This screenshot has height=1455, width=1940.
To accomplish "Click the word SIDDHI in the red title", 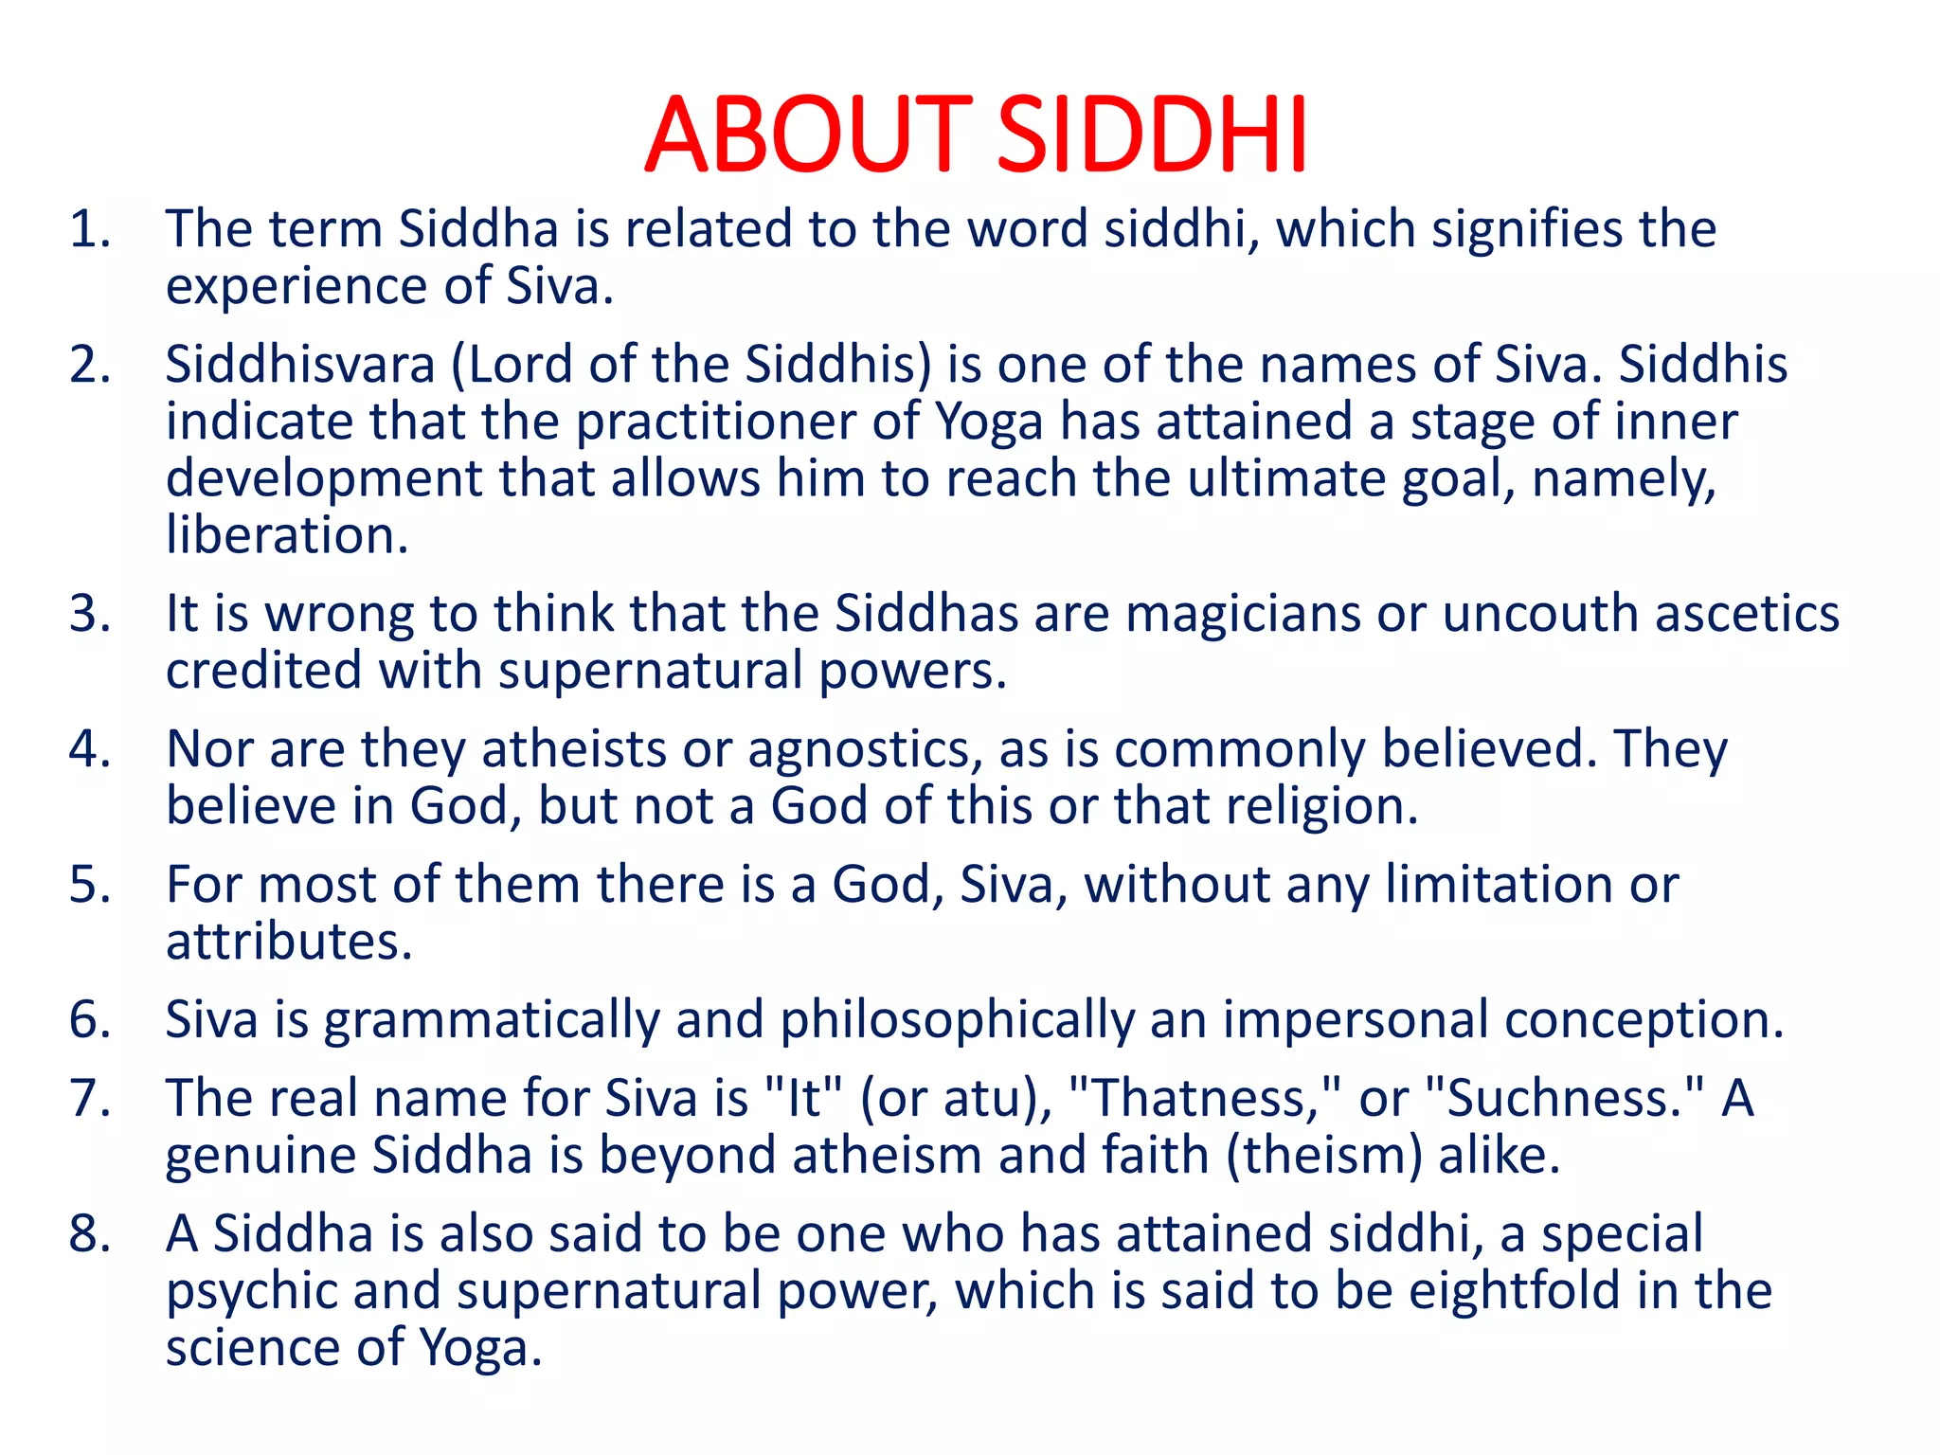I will point(1153,135).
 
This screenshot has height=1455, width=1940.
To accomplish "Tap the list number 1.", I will point(89,230).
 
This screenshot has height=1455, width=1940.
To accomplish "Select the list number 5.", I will point(89,886).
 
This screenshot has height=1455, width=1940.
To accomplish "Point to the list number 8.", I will point(89,1235).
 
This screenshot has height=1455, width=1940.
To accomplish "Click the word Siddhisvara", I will point(300,366).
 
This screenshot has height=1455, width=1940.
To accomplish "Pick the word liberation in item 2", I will point(287,536).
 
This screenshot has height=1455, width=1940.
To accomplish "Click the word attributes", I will point(289,943).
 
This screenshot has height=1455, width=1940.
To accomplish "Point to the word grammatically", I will point(492,1021).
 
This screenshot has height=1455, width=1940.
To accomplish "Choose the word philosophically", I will point(957,1021).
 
